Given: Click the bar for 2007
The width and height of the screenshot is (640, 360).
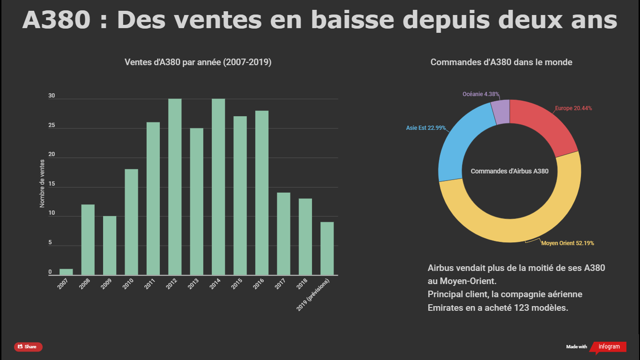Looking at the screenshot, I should coord(66,272).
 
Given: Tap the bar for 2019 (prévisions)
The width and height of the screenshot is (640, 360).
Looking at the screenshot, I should coord(327,248).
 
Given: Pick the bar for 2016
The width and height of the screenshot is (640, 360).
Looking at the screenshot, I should coord(262,193).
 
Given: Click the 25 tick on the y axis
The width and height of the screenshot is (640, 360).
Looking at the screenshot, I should coord(52,126).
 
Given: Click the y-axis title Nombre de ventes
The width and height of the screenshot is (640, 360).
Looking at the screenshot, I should coord(42,183).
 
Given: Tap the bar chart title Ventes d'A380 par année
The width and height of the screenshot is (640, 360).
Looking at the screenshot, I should coord(198,62).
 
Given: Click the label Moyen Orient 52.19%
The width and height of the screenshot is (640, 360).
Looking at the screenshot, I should coord(567,243).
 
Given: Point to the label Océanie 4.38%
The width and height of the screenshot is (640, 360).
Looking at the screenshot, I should coord(481,94).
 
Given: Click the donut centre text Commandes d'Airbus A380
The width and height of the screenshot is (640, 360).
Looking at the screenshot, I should coord(509,171).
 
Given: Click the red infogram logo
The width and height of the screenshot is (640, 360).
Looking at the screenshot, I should coord(609,347).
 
